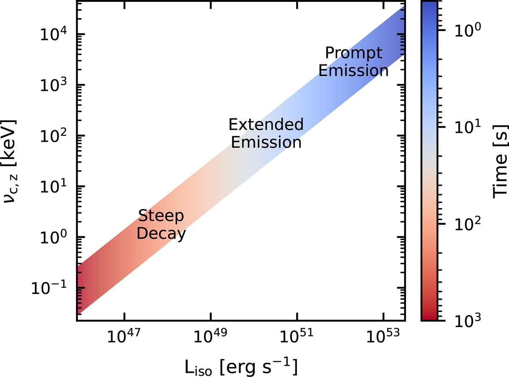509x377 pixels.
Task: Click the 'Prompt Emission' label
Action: [353, 62]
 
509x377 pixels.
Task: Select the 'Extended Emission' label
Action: [266, 133]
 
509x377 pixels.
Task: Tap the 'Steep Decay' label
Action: [162, 225]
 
